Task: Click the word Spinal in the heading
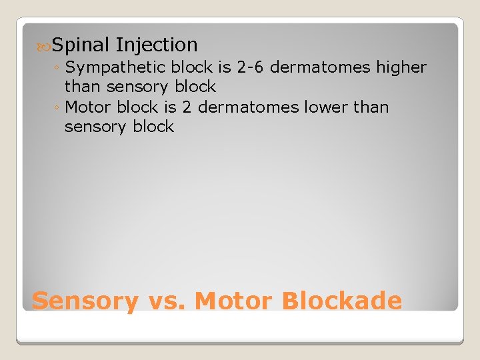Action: pyautogui.click(x=80, y=45)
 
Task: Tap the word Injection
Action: pyautogui.click(x=156, y=45)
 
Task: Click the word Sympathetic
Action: pyautogui.click(x=117, y=67)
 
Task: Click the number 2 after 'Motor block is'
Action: pyautogui.click(x=187, y=107)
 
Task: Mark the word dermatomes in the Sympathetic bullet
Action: pyautogui.click(x=317, y=67)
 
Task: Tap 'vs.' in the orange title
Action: pyautogui.click(x=166, y=301)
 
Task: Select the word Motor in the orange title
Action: pyautogui.click(x=234, y=301)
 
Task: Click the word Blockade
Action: pyautogui.click(x=341, y=301)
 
